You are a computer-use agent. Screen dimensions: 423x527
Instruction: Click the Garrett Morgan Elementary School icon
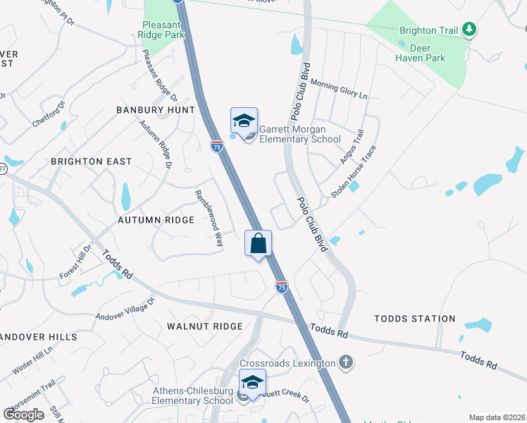click(x=244, y=122)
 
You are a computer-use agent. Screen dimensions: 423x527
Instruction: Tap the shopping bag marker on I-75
click(x=259, y=243)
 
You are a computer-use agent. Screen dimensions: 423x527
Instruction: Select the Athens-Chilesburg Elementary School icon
click(x=252, y=383)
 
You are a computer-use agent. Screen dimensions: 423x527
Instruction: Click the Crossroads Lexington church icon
click(x=345, y=362)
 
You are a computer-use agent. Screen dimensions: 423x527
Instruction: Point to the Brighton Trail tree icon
click(x=469, y=30)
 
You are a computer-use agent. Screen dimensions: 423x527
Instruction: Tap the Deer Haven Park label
click(x=421, y=53)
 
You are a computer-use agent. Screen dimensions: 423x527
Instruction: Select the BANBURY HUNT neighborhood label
click(x=155, y=110)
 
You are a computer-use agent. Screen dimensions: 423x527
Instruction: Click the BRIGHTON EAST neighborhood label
click(x=91, y=161)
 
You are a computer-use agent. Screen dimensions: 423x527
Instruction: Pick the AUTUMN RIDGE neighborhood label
click(x=156, y=220)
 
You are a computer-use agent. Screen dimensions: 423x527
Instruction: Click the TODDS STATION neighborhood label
click(x=414, y=319)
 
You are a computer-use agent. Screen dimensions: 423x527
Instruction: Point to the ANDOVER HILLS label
click(x=37, y=337)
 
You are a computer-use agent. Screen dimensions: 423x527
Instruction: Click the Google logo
click(x=24, y=414)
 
